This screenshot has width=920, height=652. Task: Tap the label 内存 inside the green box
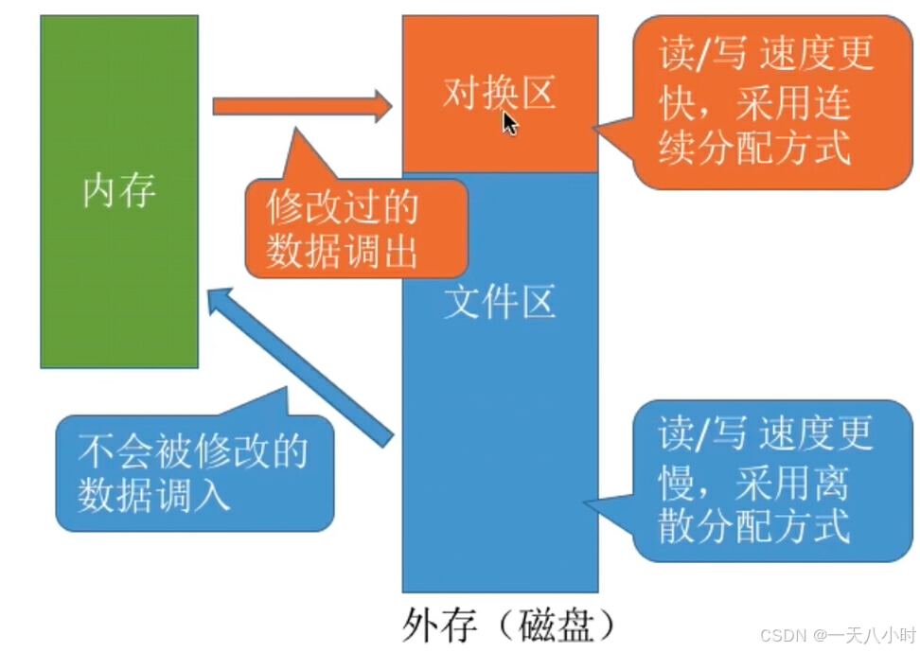coord(119,192)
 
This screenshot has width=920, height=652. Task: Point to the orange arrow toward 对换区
coord(301,105)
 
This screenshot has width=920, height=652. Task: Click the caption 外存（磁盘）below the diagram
coord(508,624)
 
